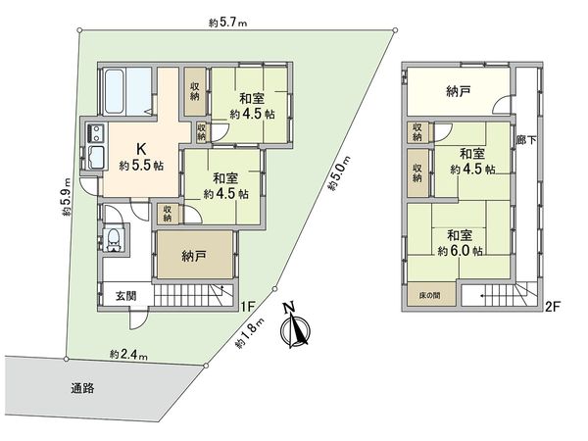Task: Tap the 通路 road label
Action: click(82, 387)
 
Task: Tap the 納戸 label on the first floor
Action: click(194, 256)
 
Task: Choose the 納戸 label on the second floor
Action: click(458, 92)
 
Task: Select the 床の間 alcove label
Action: click(423, 295)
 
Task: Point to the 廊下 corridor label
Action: click(526, 142)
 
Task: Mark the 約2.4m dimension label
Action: click(128, 354)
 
